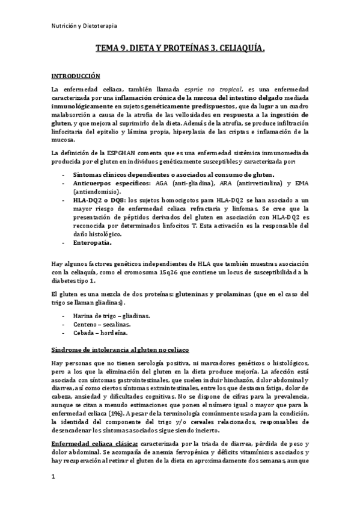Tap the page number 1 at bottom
click(53, 476)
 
